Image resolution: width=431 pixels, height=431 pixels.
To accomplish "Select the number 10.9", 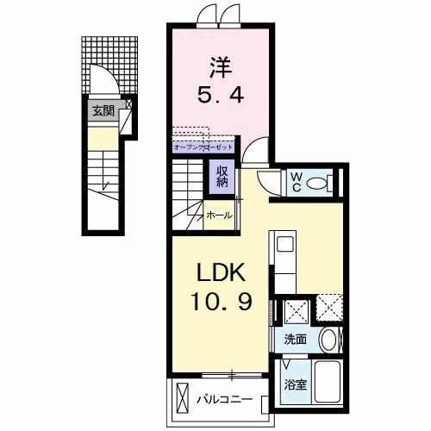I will pos(221,304).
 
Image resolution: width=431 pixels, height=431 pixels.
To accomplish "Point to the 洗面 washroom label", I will pos(296,340).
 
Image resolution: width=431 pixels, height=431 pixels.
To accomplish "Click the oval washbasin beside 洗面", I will pos(329,340).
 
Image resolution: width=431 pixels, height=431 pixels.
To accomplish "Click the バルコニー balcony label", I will pos(223,400).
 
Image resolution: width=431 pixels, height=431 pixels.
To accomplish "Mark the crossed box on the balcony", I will pos(181,398).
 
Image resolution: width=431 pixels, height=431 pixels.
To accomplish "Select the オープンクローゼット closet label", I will pos(204,147).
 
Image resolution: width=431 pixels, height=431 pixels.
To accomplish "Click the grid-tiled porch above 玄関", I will pos(110,62).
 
